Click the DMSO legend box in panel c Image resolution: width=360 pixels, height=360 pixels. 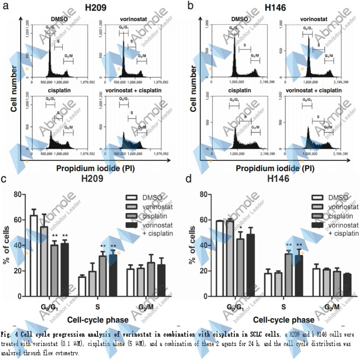click(x=131, y=198)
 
